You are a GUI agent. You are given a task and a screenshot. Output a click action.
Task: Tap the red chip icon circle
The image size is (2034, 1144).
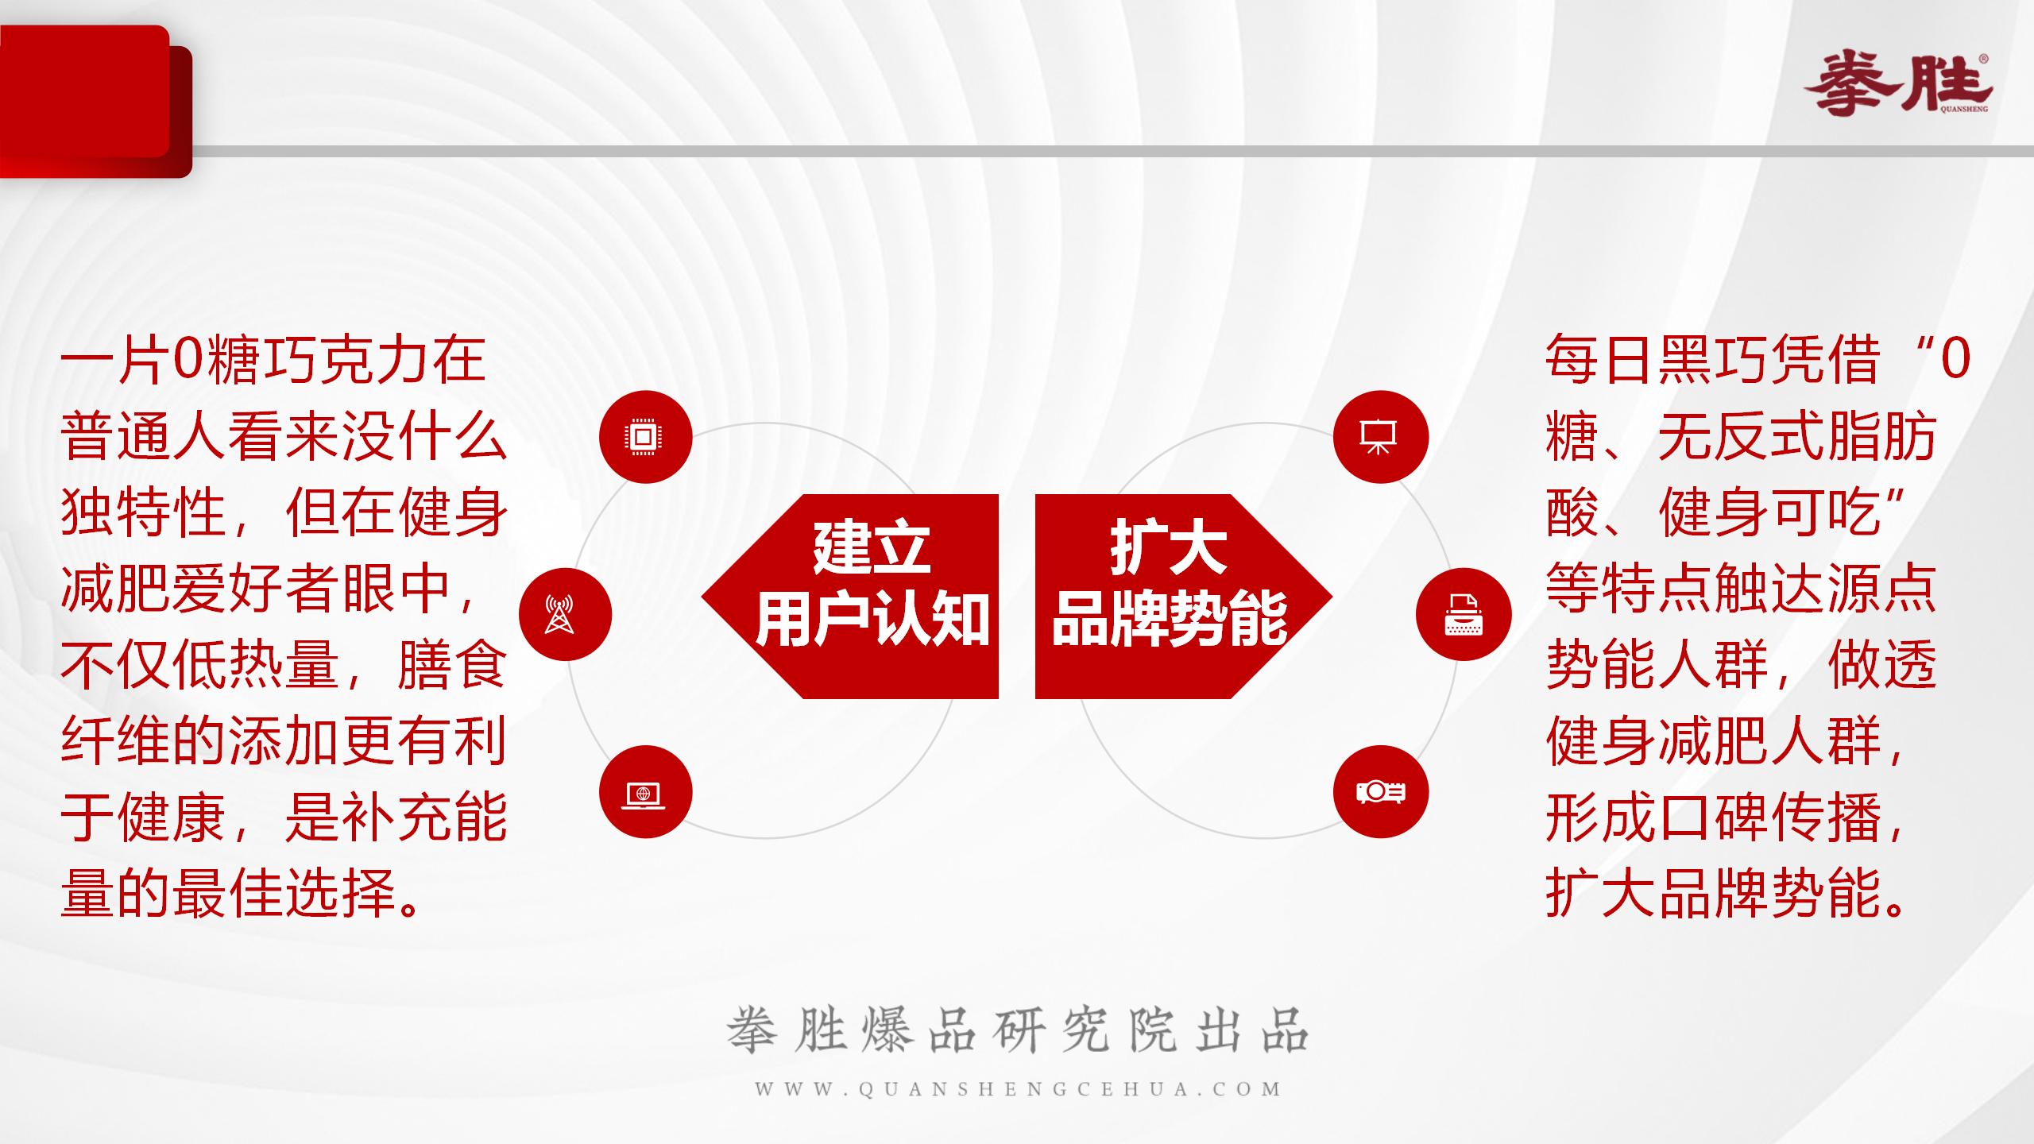pos(645,437)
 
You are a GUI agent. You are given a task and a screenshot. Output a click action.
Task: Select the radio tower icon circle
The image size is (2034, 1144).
pos(565,614)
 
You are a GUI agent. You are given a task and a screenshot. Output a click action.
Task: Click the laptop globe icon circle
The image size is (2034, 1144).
pos(645,792)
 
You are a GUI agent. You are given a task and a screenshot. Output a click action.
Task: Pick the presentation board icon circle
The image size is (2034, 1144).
pos(1380,437)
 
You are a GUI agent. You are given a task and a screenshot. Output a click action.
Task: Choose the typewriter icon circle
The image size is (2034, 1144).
pos(1464,614)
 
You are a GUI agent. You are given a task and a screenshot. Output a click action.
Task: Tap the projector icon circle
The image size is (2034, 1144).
pos(1380,792)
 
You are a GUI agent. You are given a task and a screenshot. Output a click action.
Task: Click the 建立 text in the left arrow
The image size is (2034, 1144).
pos(872,548)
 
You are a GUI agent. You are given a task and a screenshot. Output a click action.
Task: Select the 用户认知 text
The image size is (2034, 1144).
pos(872,620)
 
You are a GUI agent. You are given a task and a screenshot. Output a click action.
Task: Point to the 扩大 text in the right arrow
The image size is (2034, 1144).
pos(1168,548)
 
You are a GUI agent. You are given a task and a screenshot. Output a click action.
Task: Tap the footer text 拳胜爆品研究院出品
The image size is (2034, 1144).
pos(1018,1031)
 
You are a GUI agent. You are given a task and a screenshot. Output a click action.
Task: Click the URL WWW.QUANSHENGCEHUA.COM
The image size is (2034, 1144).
pos(1018,1089)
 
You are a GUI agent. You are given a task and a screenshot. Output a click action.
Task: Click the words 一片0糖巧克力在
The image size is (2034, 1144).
pos(273,360)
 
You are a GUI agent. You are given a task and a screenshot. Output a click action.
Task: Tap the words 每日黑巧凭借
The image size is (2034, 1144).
pos(1712,360)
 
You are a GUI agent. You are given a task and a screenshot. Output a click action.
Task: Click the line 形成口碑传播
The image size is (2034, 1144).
pos(1716,817)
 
